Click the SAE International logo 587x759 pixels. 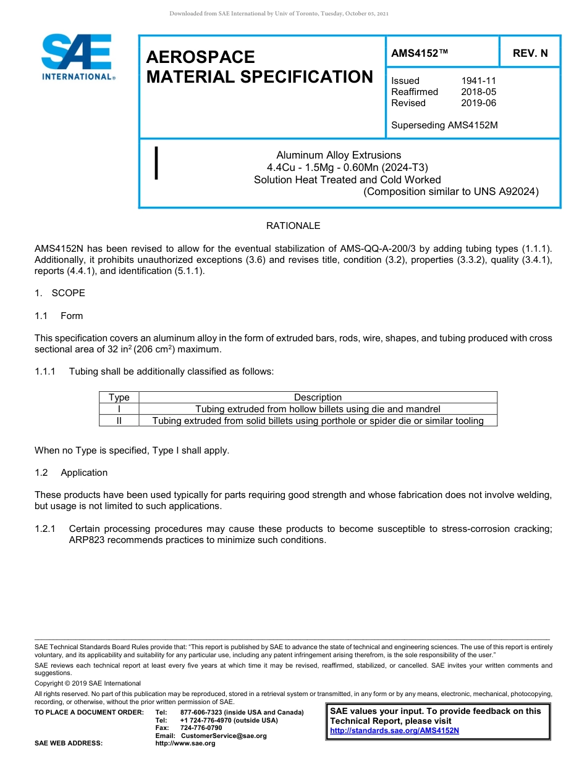(77, 57)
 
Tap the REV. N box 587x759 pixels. (530, 53)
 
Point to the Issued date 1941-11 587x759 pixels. (478, 81)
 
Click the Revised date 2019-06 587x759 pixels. (478, 103)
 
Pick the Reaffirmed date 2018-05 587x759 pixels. (478, 92)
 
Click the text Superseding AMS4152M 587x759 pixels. (444, 125)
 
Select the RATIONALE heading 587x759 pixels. (293, 226)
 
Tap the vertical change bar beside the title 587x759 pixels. (157, 164)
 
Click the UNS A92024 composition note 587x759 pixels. (451, 191)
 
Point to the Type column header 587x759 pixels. (119, 397)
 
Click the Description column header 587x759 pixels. (318, 397)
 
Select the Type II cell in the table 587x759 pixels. (119, 421)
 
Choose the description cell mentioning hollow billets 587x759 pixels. (318, 409)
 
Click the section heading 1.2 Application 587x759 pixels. (71, 473)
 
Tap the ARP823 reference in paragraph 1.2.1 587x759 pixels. (87, 540)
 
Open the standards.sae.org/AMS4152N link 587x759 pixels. (394, 731)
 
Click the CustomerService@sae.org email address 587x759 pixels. (224, 736)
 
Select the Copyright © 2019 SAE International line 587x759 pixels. (88, 683)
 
